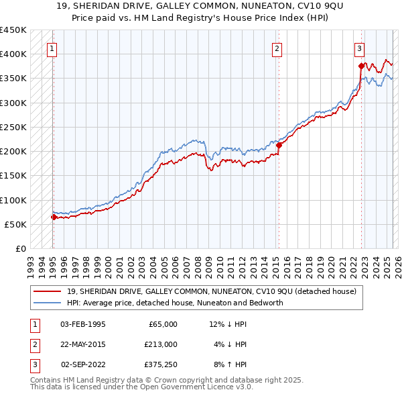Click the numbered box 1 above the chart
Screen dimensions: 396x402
(x=52, y=48)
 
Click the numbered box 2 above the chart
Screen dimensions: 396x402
(x=277, y=48)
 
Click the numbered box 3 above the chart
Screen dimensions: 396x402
(x=359, y=48)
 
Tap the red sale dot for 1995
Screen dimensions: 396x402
(x=54, y=217)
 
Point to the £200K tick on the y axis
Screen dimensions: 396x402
(x=13, y=152)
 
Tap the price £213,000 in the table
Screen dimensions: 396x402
(x=161, y=344)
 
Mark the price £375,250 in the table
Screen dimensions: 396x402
(x=161, y=364)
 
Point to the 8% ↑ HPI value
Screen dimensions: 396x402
(x=230, y=364)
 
